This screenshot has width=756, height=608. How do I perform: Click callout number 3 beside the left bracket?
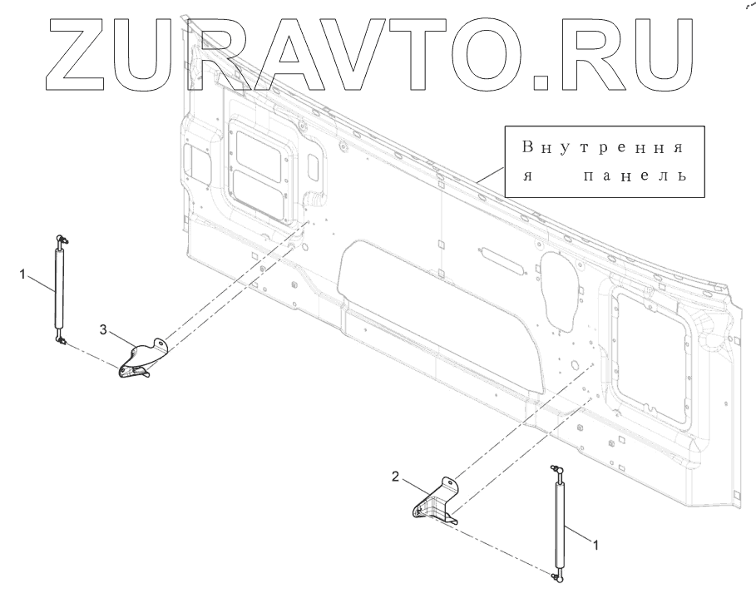103,330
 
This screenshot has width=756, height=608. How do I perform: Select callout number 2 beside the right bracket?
397,477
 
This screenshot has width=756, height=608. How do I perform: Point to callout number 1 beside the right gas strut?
595,541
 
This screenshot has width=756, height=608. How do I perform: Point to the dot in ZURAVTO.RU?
541,82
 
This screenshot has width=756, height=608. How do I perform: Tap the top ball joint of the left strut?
61,240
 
